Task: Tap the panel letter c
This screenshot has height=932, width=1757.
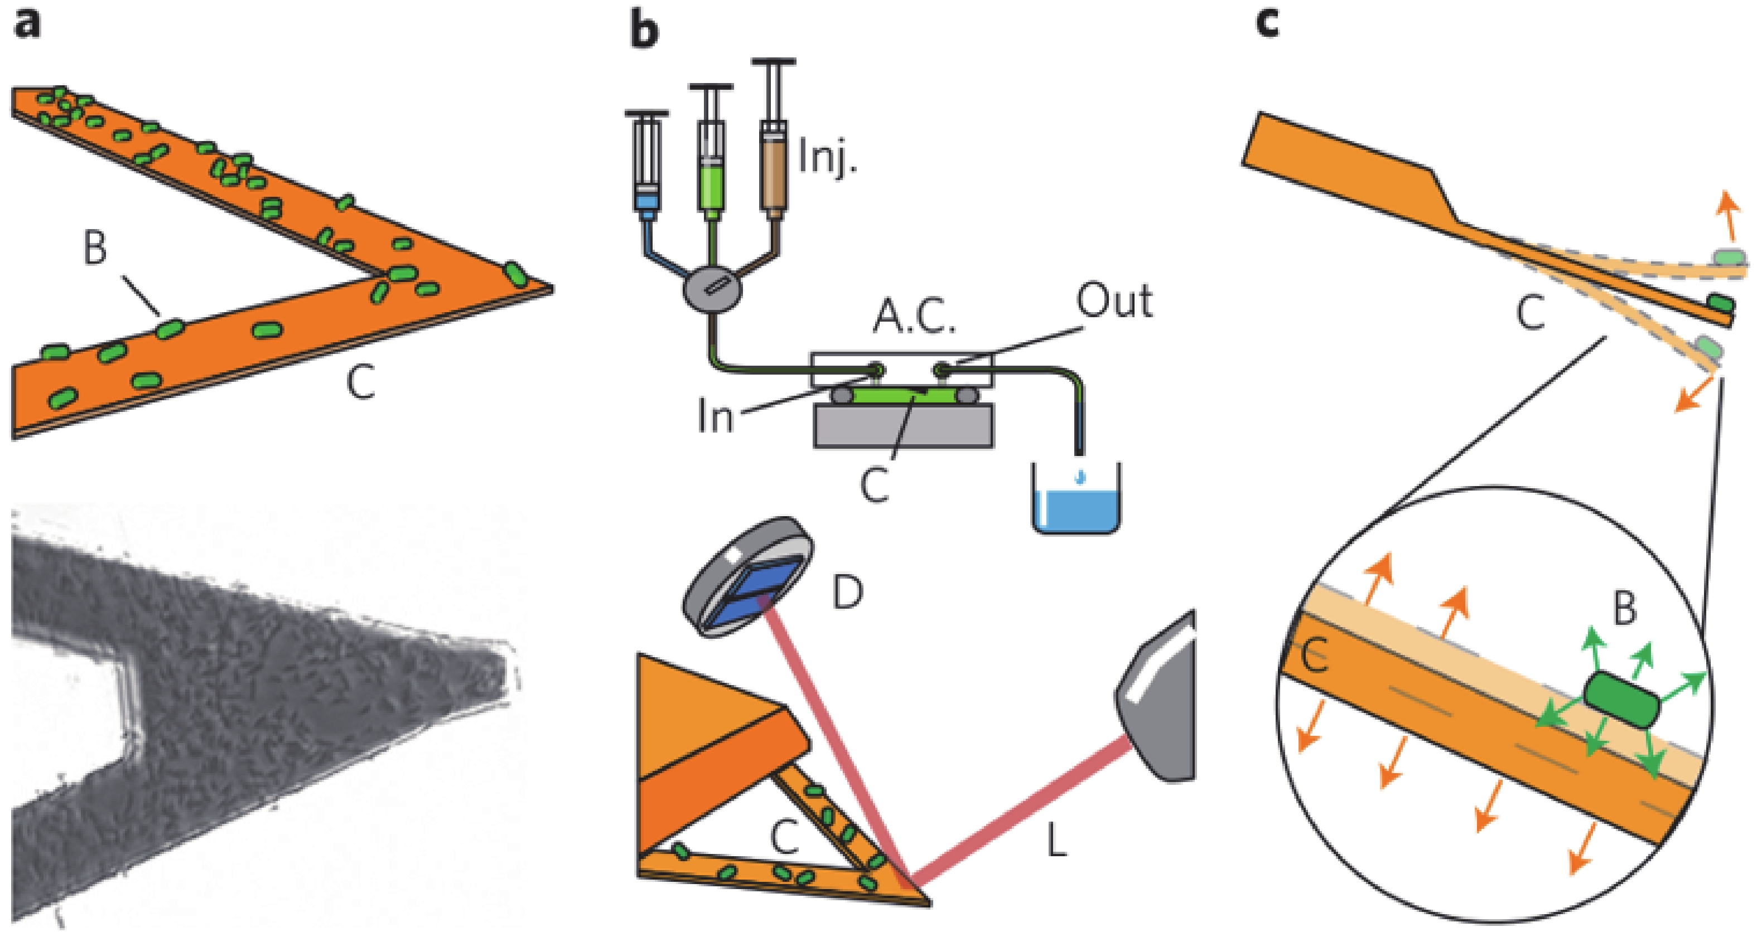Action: pos(1267,25)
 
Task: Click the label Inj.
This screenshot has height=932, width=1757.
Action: pos(826,159)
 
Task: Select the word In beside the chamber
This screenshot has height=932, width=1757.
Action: pos(715,415)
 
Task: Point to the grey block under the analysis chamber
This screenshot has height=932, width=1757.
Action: pos(904,424)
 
